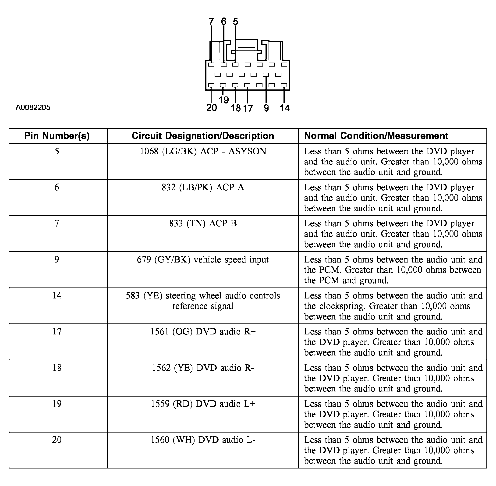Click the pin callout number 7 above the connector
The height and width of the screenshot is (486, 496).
click(x=211, y=22)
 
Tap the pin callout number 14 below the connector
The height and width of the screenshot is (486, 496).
click(x=285, y=108)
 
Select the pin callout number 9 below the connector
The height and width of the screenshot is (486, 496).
click(x=266, y=108)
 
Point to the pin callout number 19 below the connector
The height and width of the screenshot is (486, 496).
click(x=224, y=100)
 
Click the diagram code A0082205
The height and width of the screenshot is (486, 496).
click(x=33, y=107)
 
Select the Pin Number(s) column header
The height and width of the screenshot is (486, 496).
click(x=57, y=136)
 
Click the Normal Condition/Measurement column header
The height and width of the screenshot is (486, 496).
click(x=376, y=136)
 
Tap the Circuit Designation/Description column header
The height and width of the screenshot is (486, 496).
click(x=203, y=136)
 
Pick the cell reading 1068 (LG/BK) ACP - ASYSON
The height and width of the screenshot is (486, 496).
click(x=203, y=151)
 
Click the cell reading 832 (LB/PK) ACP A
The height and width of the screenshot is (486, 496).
click(x=203, y=187)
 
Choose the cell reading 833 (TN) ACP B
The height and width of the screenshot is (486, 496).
click(x=203, y=223)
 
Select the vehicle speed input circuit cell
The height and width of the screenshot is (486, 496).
click(x=203, y=260)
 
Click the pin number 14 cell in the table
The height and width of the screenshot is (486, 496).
click(x=57, y=296)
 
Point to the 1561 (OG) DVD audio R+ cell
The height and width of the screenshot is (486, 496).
click(x=203, y=332)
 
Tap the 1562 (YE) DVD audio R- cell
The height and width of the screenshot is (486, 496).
click(x=203, y=368)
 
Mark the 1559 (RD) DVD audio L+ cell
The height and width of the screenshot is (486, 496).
click(x=203, y=404)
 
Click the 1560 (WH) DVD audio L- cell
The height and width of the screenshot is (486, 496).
click(x=203, y=440)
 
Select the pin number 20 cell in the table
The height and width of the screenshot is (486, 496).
click(x=57, y=440)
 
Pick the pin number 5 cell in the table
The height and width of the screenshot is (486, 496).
click(x=57, y=151)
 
